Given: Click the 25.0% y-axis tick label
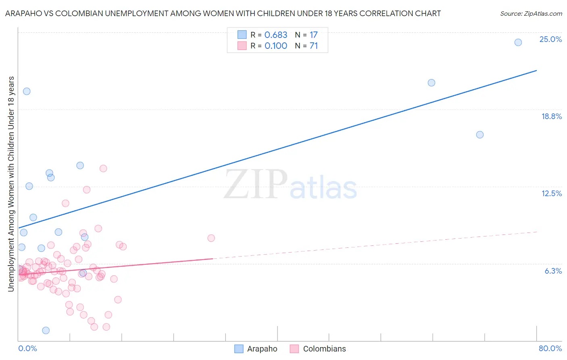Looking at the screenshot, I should point(550,39).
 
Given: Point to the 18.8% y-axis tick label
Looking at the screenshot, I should point(551,116).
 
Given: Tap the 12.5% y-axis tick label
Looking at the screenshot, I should point(551,193).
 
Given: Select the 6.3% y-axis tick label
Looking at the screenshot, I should point(553,271).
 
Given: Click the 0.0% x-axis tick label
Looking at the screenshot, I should point(27,348).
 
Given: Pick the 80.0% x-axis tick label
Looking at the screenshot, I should point(550,348).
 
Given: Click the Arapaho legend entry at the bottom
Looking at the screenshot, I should point(256,349).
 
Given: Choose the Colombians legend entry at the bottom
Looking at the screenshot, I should point(318,349).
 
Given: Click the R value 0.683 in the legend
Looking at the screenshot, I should point(276,35).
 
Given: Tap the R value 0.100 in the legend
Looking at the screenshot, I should point(276,46).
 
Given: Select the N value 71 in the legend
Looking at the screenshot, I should point(314,46).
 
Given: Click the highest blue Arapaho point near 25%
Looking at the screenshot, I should point(518,42).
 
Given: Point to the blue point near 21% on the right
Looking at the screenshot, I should point(431,83).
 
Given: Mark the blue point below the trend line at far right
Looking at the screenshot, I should point(479,135).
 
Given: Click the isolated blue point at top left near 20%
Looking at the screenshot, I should point(27,91).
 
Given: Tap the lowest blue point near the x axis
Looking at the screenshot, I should point(46,331).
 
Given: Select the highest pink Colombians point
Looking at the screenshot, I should point(103,169).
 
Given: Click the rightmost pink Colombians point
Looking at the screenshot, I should point(211,238).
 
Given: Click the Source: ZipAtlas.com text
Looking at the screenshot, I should point(531,14).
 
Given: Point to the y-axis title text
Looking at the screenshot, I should point(11,184).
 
